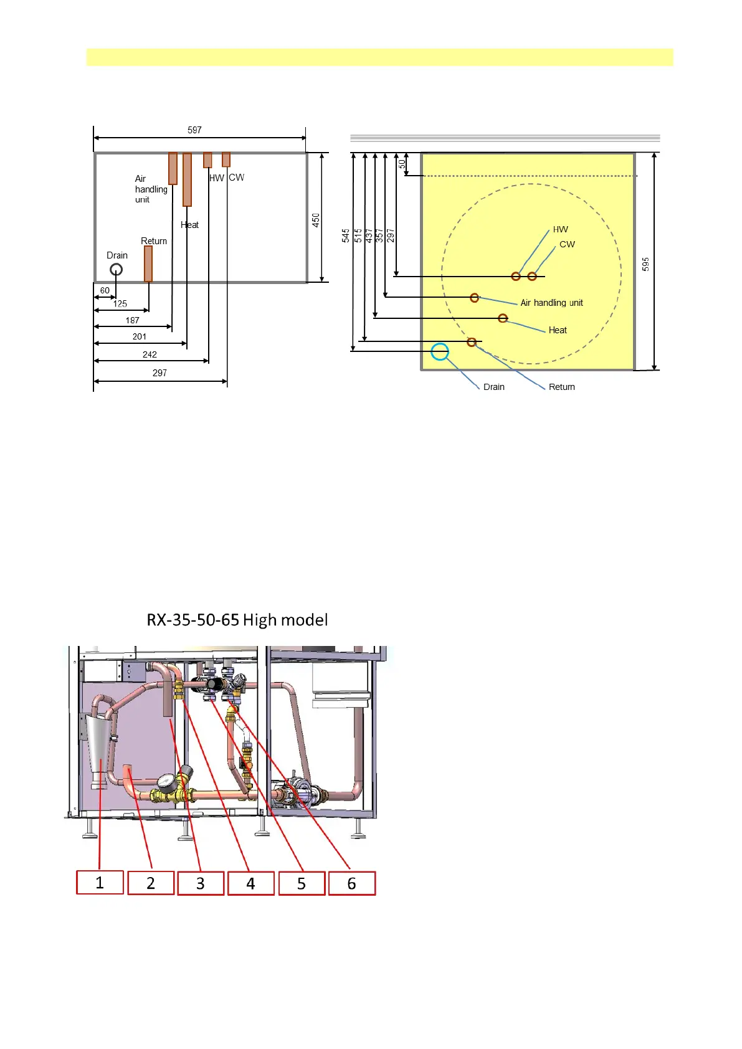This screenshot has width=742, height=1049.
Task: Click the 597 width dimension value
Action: tap(194, 130)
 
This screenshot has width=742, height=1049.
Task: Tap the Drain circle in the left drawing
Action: tap(116, 270)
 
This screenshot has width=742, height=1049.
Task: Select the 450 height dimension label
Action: tap(316, 219)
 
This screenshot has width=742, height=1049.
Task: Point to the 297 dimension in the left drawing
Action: tap(159, 373)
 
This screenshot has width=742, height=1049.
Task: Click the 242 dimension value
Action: tap(150, 354)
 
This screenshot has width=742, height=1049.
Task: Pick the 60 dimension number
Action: tap(105, 290)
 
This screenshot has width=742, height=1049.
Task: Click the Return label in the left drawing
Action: tap(154, 241)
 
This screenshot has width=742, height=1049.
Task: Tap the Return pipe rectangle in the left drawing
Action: tap(148, 263)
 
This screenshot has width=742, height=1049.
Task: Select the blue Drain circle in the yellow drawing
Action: tap(440, 352)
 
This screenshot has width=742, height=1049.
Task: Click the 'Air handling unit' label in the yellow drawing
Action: tap(551, 303)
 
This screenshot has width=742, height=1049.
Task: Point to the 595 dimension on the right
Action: tap(645, 264)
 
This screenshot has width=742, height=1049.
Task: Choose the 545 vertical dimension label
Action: tap(346, 235)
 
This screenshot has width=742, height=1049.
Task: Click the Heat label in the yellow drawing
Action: tap(558, 330)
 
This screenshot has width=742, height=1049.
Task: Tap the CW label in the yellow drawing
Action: tap(567, 244)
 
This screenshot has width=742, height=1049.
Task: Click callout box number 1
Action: tap(100, 883)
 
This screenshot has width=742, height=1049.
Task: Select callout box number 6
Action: tap(352, 883)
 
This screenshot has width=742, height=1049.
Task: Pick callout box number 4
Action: tap(250, 883)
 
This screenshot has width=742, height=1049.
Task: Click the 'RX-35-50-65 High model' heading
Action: tap(237, 620)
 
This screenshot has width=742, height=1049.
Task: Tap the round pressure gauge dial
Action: tap(166, 782)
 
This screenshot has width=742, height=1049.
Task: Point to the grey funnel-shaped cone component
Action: tap(99, 744)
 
